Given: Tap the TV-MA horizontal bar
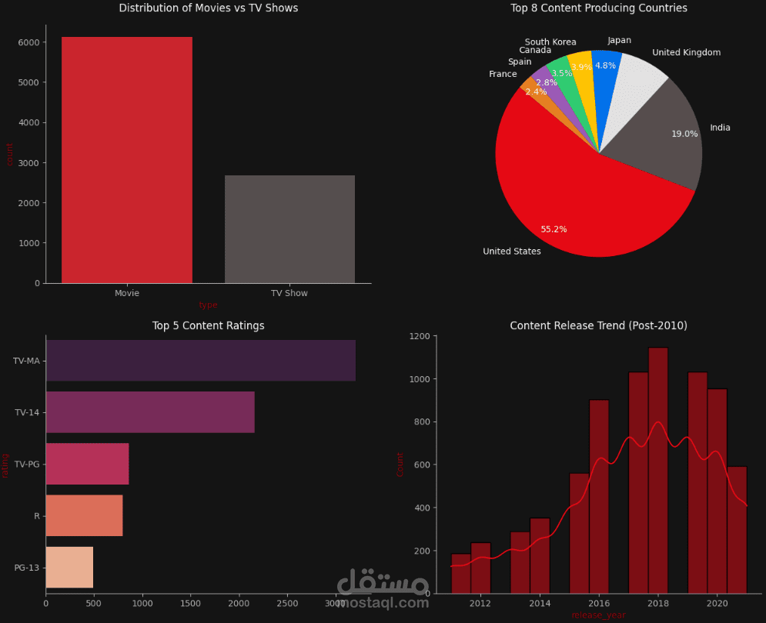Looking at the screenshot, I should (200, 361).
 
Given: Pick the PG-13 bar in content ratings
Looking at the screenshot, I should (69, 568).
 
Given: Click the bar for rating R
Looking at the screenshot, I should (84, 515).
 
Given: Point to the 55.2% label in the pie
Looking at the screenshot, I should (554, 229).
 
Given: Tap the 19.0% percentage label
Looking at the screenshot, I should (684, 134).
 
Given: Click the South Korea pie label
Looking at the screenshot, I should (550, 42).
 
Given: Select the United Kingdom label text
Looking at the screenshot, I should (686, 53).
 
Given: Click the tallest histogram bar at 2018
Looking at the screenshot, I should (657, 470).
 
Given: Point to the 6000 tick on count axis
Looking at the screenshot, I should (28, 42).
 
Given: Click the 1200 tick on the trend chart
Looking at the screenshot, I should (419, 336).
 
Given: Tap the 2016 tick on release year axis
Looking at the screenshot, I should (599, 603).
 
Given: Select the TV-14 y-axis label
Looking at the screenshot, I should (27, 413).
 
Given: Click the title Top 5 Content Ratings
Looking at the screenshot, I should (208, 326).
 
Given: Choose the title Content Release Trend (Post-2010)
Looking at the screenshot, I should (598, 326).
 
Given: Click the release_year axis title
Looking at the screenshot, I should (598, 615).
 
